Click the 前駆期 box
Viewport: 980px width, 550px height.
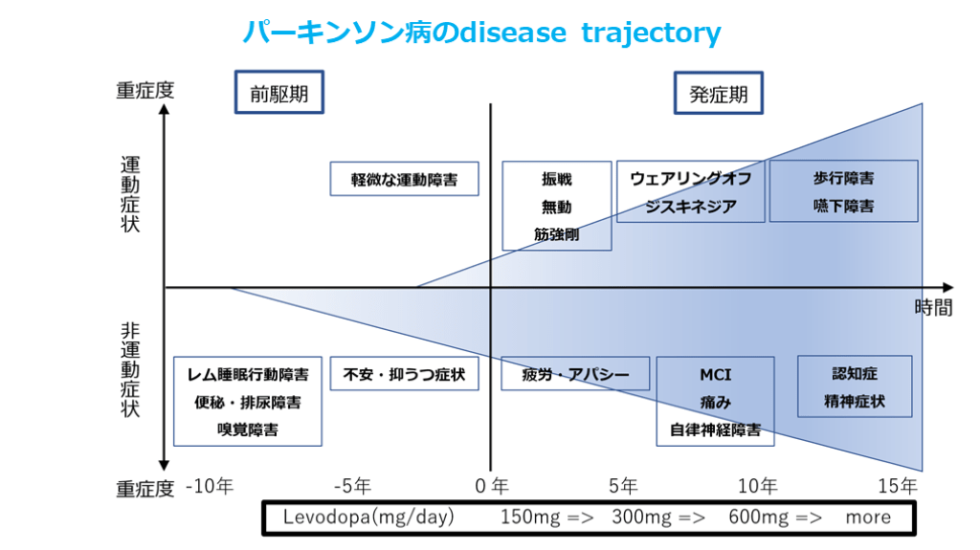tap(278, 94)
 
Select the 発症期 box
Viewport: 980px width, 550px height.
tap(719, 94)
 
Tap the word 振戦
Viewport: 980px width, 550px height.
tap(556, 179)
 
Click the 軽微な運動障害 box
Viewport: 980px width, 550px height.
tap(404, 179)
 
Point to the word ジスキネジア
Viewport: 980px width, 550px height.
tap(690, 206)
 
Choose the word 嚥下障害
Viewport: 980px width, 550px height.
tap(843, 206)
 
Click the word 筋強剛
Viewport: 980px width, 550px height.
tap(556, 233)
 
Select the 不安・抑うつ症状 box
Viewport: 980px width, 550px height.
tap(404, 374)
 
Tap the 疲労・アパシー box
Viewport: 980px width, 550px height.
tap(575, 374)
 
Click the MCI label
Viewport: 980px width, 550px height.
tap(715, 375)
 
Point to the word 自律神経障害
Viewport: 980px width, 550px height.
tap(715, 430)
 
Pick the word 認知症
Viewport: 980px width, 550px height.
tap(855, 374)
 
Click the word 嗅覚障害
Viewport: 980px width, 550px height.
tap(248, 430)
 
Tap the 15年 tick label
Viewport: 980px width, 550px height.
tap(897, 487)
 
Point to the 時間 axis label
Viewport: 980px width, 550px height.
tap(933, 308)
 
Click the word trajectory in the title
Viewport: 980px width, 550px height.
tap(650, 33)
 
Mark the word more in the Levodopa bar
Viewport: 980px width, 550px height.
tap(867, 517)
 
